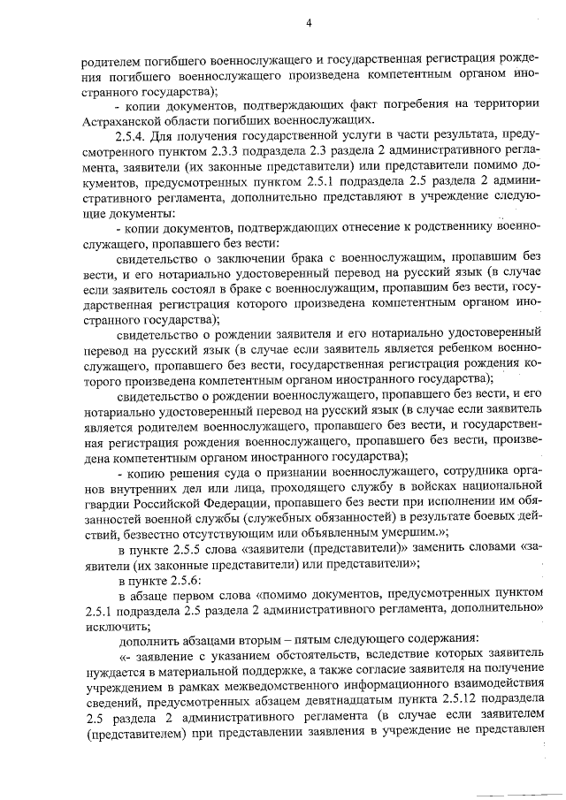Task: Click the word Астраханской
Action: click(121, 119)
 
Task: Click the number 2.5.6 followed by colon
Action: click(187, 583)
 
